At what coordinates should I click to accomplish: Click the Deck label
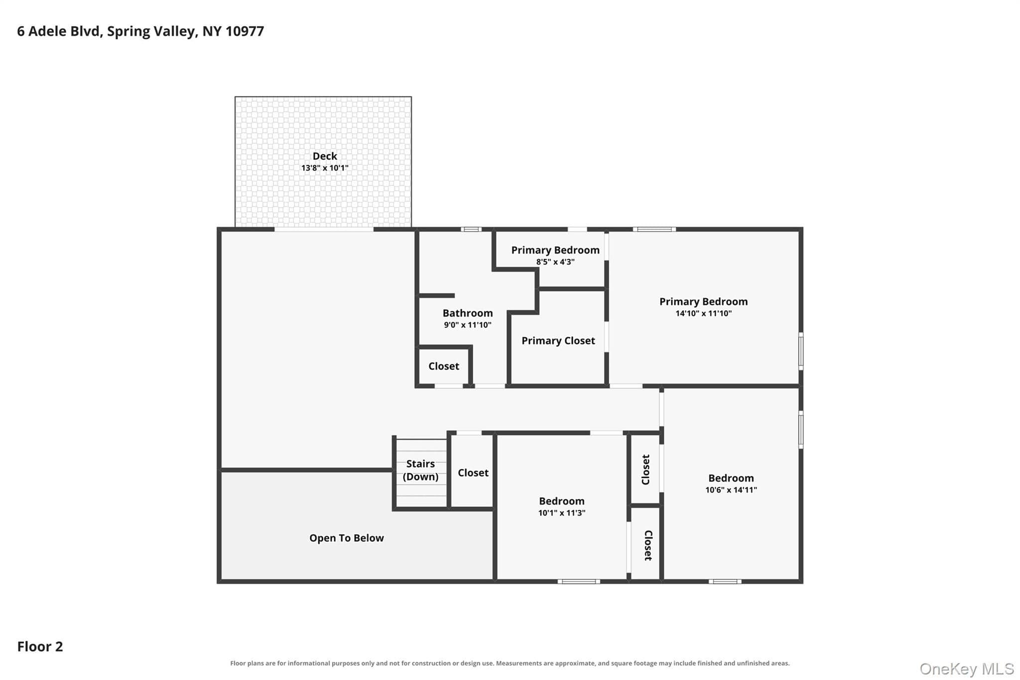click(x=325, y=156)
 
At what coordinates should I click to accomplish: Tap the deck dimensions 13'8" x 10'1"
click(x=325, y=168)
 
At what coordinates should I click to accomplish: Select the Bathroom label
click(x=468, y=313)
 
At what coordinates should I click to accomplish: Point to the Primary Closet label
click(x=558, y=341)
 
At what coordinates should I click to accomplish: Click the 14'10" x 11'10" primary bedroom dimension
click(x=703, y=313)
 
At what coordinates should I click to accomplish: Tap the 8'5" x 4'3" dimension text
click(x=555, y=262)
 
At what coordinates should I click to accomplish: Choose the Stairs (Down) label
click(x=420, y=470)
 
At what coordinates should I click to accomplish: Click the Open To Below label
click(x=347, y=538)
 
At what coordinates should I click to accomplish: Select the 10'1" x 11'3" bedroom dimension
click(x=562, y=513)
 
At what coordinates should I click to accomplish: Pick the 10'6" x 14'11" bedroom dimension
click(x=731, y=490)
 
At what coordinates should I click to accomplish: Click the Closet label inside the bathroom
click(x=444, y=366)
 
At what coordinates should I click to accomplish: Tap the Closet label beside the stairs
click(x=473, y=473)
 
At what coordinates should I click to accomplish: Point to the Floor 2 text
click(x=40, y=646)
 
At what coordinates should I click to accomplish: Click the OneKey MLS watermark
click(x=967, y=669)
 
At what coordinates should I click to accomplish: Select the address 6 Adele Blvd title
click(x=140, y=31)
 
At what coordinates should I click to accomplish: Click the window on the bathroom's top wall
click(x=471, y=229)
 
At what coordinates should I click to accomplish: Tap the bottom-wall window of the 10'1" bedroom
click(x=579, y=581)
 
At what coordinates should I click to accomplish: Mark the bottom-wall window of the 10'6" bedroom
click(x=725, y=581)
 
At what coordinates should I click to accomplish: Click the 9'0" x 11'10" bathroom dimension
click(x=468, y=325)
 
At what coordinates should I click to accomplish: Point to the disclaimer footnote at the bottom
click(x=510, y=663)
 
